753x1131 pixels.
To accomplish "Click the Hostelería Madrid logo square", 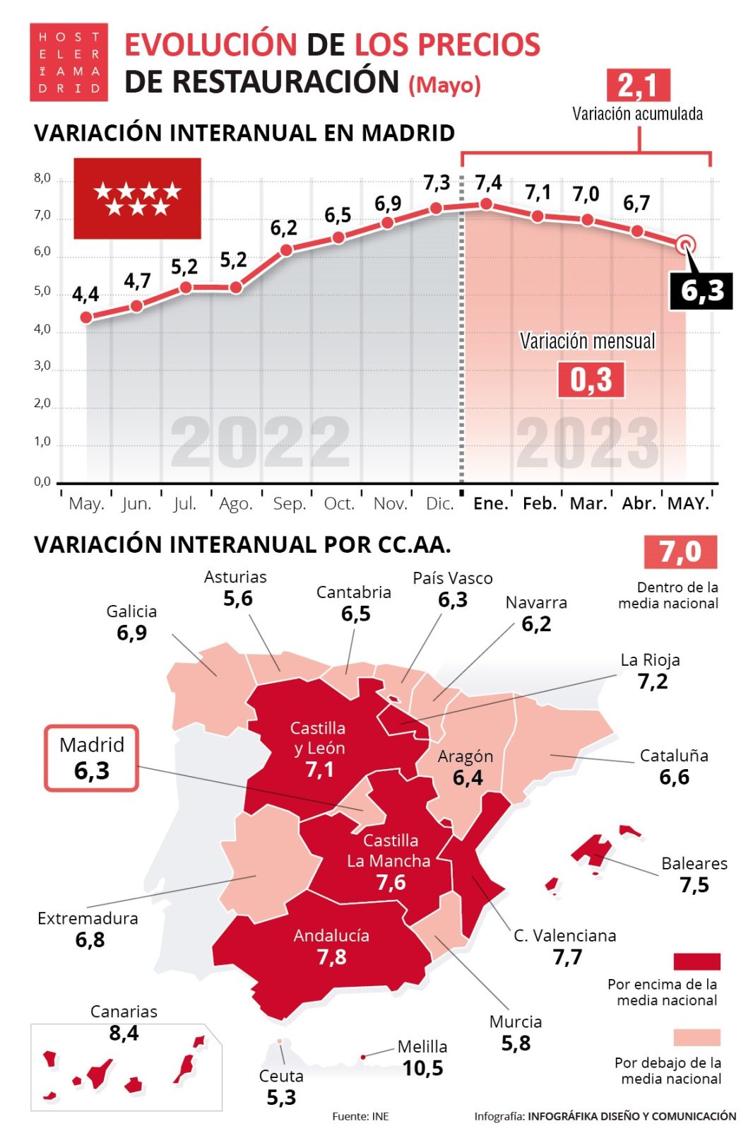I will click(x=69, y=62).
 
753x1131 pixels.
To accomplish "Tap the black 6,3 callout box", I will click(x=701, y=291).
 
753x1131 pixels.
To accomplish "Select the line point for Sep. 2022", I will click(x=286, y=250).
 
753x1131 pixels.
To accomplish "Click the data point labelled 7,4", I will click(x=486, y=204).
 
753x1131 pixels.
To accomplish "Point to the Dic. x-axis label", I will click(x=439, y=503).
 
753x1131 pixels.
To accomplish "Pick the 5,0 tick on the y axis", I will click(x=42, y=291).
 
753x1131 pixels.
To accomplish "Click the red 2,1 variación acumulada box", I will click(x=638, y=86).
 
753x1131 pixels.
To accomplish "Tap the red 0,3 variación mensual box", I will click(x=591, y=380).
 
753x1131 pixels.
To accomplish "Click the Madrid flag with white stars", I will click(x=138, y=198).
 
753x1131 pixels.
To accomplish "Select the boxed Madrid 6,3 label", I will click(x=92, y=758).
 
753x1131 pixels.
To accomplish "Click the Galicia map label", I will click(x=131, y=611).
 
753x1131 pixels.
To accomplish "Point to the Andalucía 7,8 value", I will click(x=331, y=957).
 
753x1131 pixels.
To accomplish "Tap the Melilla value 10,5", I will click(x=423, y=1068).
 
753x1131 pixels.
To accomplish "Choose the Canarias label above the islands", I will click(x=124, y=1012).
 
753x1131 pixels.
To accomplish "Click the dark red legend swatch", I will click(x=696, y=961).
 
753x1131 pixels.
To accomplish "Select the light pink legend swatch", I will click(x=696, y=1037).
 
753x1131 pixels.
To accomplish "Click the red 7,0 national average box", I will click(x=680, y=552).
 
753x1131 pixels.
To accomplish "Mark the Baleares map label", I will click(x=694, y=863).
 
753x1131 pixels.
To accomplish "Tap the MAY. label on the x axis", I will click(x=688, y=503).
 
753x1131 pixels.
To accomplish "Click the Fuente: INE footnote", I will click(x=360, y=1116).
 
